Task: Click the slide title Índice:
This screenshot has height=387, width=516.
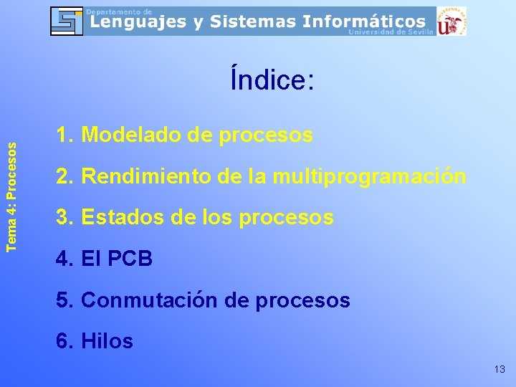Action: click(272, 80)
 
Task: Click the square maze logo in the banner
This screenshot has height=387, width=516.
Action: click(67, 21)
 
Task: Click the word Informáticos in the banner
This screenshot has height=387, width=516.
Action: click(363, 21)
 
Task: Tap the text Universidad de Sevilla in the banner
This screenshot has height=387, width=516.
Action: click(391, 32)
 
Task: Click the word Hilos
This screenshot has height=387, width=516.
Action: click(107, 341)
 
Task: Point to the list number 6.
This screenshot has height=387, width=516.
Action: click(63, 341)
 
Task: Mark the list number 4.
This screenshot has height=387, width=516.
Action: click(63, 258)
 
